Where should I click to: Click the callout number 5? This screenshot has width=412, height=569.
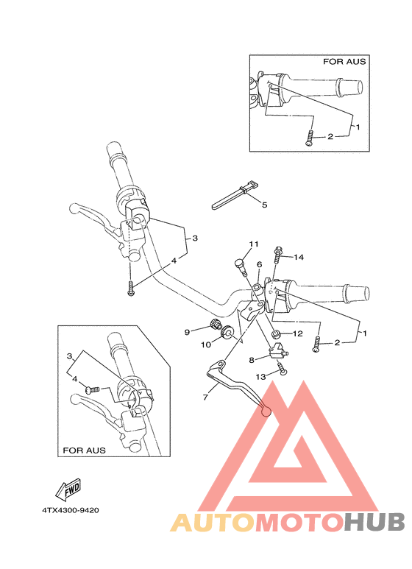point(264,205)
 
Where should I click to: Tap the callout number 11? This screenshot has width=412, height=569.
point(254,244)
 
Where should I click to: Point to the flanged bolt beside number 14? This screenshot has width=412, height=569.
point(279,255)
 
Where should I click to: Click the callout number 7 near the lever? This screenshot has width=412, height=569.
point(206,397)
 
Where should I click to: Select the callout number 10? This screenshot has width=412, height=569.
point(206,344)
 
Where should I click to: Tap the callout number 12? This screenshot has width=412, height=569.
point(298,334)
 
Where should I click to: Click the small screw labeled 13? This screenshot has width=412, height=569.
point(283,373)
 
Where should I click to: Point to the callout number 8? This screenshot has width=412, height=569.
point(252,360)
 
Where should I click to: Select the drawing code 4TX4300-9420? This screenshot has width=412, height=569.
point(71,510)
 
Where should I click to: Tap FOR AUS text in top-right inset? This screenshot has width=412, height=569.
point(344,62)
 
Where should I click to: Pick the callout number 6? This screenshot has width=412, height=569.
point(259,264)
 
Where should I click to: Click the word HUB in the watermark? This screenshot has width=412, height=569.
point(374,521)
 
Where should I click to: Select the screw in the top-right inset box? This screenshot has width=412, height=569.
point(310,138)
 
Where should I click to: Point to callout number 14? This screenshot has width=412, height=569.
point(299,257)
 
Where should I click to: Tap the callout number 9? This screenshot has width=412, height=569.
point(187,331)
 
